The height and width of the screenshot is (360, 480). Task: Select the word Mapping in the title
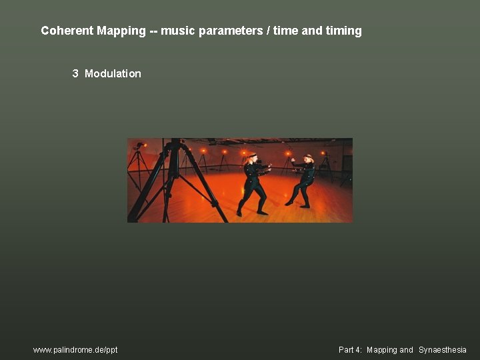click(121, 31)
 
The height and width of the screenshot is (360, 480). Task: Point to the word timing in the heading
click(343, 31)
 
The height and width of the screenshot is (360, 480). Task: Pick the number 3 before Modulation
click(75, 73)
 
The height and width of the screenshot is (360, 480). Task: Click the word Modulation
click(113, 73)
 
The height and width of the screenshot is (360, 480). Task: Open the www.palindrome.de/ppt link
click(75, 349)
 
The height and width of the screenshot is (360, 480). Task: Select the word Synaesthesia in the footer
click(443, 349)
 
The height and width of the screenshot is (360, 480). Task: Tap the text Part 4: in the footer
click(351, 349)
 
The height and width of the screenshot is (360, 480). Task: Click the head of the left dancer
click(251, 159)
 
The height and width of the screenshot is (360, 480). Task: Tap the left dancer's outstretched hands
click(269, 166)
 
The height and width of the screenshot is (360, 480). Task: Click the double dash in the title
click(154, 31)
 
